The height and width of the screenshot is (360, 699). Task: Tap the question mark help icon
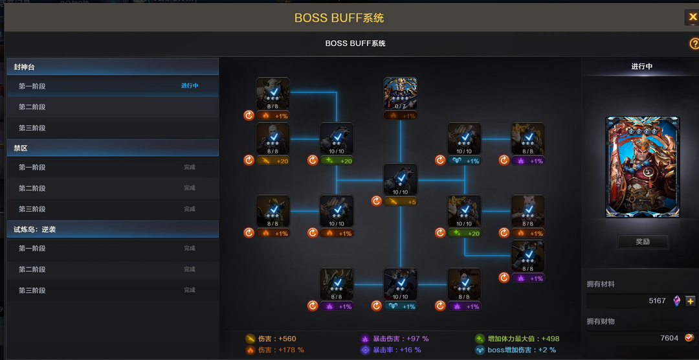pos(694,43)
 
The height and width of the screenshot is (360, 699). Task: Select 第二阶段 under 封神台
pos(32,107)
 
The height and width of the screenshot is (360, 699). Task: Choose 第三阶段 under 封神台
pos(32,128)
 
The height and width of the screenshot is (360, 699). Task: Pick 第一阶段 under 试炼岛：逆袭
pos(32,249)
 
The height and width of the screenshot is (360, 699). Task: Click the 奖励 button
pos(643,242)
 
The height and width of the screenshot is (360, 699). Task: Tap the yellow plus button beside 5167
pos(691,301)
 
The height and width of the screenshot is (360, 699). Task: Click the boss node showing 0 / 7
pos(401,94)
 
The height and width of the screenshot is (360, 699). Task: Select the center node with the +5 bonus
pos(401,180)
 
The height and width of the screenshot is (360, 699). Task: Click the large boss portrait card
pos(643,167)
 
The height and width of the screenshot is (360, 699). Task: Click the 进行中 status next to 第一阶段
pos(190,86)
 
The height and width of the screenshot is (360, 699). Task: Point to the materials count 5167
pos(657,301)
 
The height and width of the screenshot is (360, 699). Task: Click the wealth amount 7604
pos(669,338)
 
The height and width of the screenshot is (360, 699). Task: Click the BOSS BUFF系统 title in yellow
pos(339,17)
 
